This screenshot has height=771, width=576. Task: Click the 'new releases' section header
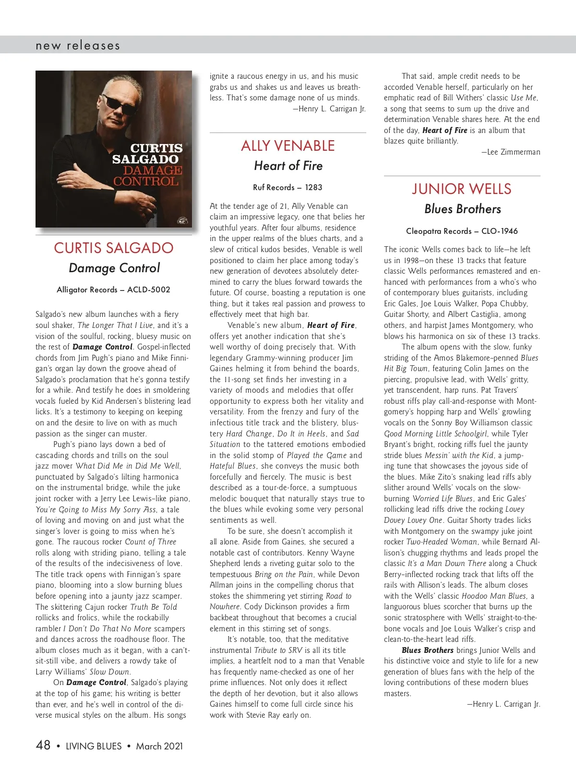pyautogui.click(x=78, y=46)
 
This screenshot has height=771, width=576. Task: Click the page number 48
pyautogui.click(x=43, y=745)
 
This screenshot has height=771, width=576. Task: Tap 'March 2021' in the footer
pyautogui.click(x=159, y=746)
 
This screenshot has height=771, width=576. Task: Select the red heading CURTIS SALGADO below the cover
pyautogui.click(x=114, y=248)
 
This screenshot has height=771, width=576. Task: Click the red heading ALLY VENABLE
pyautogui.click(x=288, y=146)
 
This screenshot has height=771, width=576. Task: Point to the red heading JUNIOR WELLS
pyautogui.click(x=462, y=189)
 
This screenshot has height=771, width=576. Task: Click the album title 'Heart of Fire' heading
pyautogui.click(x=288, y=166)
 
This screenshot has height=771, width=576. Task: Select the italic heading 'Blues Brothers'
pyautogui.click(x=462, y=209)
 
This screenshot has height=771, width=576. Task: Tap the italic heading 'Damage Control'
pyautogui.click(x=114, y=268)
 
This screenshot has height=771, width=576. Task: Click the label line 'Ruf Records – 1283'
pyautogui.click(x=288, y=188)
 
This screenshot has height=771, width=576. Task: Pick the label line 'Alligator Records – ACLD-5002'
pyautogui.click(x=113, y=290)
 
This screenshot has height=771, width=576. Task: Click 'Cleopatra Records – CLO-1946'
pyautogui.click(x=462, y=231)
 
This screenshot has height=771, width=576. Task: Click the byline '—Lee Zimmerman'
pyautogui.click(x=511, y=152)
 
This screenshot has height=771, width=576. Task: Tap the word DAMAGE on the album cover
pyautogui.click(x=153, y=170)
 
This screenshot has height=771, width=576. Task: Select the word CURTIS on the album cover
pyautogui.click(x=156, y=148)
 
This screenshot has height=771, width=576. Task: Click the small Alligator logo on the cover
pyautogui.click(x=182, y=221)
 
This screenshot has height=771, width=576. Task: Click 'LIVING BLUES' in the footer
pyautogui.click(x=94, y=746)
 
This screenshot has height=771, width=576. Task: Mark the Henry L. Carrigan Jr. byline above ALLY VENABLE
pyautogui.click(x=329, y=109)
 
